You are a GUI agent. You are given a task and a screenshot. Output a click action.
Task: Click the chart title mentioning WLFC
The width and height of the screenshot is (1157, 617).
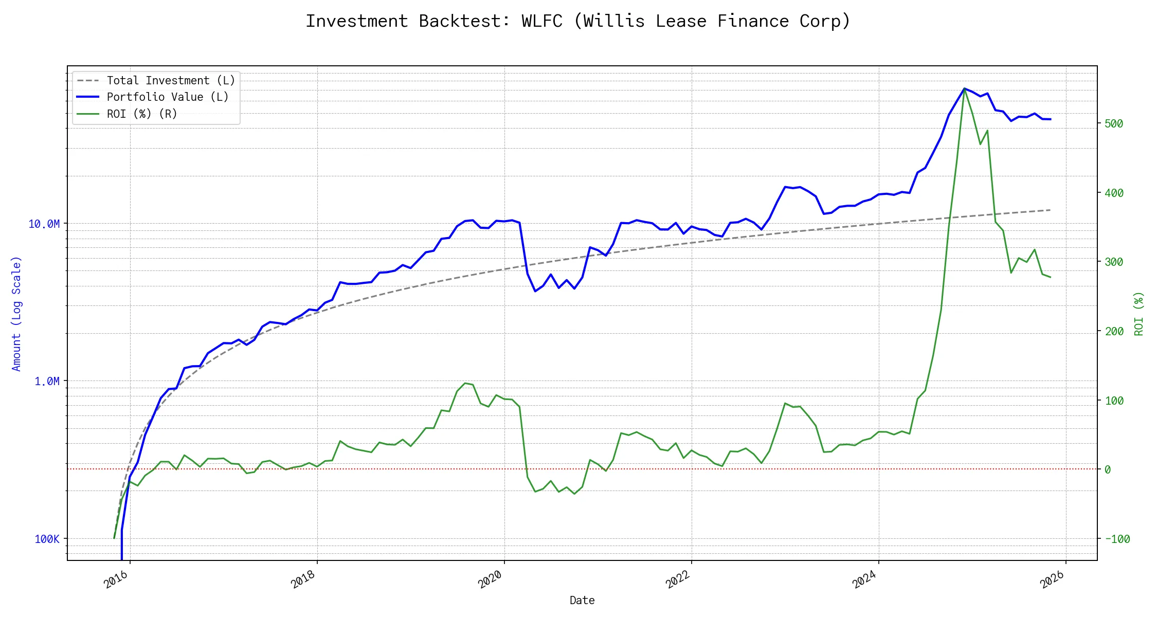578,21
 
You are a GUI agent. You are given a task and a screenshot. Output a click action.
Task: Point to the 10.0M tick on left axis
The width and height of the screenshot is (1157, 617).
44,224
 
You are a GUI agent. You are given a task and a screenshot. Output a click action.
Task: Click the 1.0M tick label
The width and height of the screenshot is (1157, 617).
47,382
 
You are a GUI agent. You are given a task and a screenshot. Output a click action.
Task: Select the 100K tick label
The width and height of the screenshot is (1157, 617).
47,539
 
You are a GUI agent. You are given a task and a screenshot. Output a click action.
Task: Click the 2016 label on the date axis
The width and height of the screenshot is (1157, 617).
116,579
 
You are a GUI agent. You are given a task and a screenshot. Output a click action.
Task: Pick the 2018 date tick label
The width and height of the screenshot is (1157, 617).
303,579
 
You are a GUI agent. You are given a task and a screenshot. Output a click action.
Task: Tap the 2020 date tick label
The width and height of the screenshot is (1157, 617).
491,579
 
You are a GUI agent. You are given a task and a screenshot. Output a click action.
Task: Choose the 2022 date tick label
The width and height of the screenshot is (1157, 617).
678,579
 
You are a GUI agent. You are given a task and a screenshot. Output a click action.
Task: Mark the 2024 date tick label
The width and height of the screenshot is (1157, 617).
865,579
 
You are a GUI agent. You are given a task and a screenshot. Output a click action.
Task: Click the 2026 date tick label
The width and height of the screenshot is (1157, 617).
1052,579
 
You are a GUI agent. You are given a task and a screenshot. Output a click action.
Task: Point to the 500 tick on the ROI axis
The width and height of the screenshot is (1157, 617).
1114,124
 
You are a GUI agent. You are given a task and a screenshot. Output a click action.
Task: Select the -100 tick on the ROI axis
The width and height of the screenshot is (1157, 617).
1117,539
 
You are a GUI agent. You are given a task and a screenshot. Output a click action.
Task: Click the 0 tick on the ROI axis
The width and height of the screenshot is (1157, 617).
1108,470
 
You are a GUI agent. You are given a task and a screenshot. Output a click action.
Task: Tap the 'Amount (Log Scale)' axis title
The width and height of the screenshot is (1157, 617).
16,314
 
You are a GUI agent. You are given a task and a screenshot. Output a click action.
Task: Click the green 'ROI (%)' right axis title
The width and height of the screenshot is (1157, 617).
1139,314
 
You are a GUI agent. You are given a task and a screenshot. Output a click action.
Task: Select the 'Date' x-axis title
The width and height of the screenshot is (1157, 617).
582,601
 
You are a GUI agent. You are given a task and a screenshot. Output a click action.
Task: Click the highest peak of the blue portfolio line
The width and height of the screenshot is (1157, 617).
964,88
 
